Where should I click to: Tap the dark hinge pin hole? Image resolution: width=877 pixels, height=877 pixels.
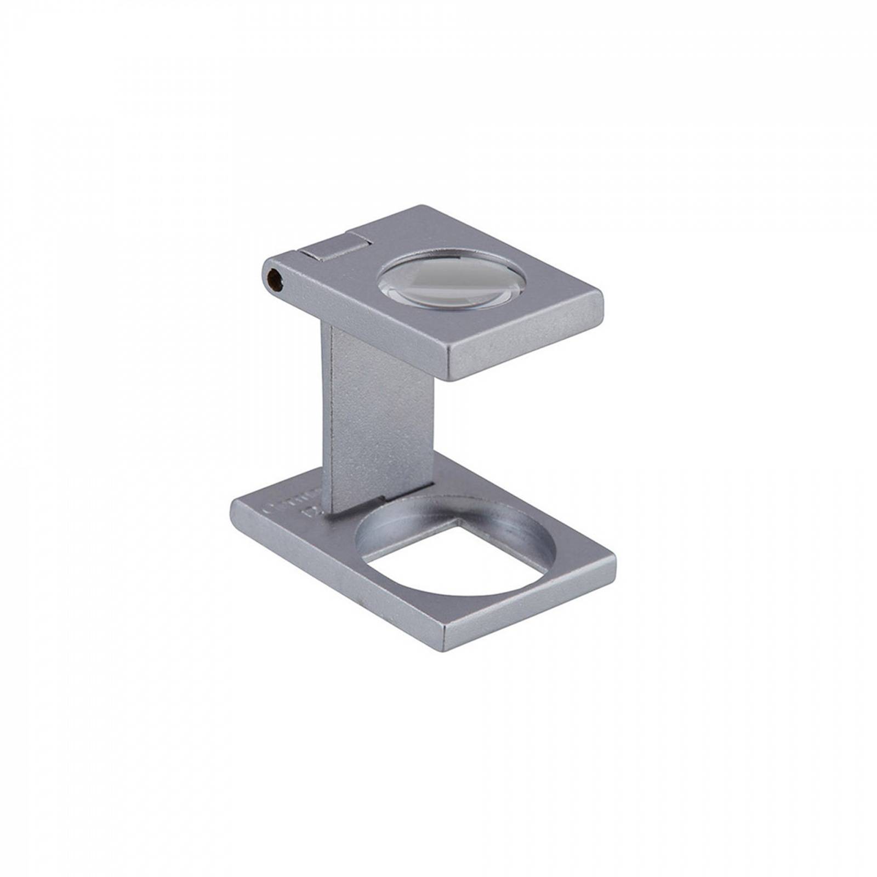tap(272, 281)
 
